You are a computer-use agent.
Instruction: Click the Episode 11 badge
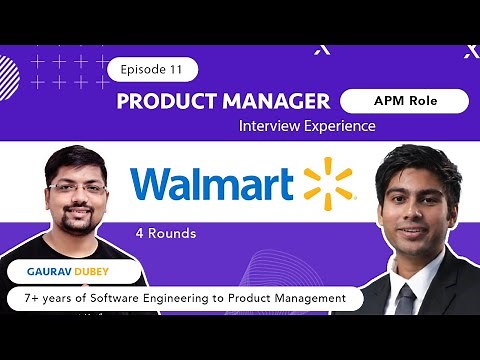coord(152,69)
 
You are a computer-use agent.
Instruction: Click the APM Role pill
coord(403,101)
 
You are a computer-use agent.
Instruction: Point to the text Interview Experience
coord(307,126)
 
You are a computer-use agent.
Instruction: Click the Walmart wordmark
coord(212,184)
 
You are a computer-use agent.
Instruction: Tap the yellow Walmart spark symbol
coord(328,183)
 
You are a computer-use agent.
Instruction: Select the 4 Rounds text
coord(166,234)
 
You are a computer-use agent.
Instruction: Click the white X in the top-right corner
coord(469,51)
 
